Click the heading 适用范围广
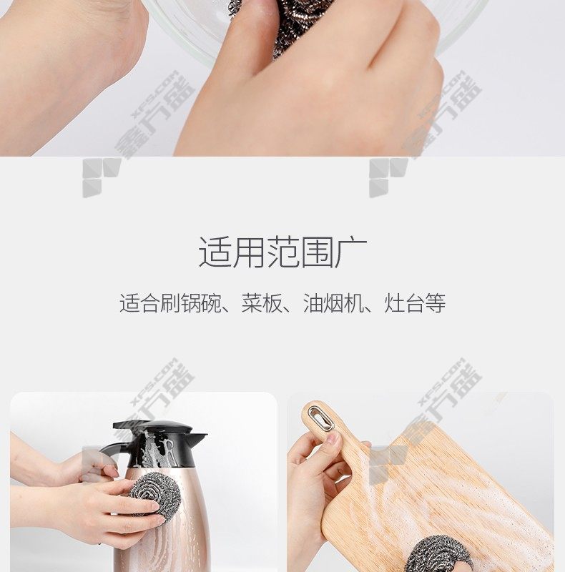coord(283,252)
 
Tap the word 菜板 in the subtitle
coord(262,303)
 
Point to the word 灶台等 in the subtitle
coord(415,303)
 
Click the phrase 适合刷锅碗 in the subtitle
coord(170,303)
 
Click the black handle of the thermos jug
coord(109,453)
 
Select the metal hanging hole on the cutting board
coord(321,418)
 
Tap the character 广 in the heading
coord(351,252)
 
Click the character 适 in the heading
coord(215,252)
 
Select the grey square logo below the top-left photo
coord(102,177)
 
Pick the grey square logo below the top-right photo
coord(388,177)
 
